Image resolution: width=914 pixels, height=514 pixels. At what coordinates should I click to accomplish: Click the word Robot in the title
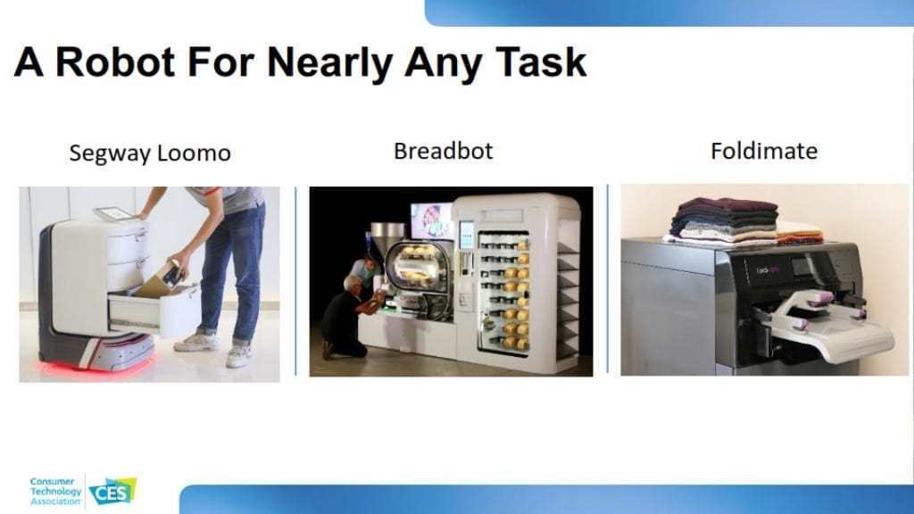[115, 62]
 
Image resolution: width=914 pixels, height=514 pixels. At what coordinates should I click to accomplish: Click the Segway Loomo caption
[150, 153]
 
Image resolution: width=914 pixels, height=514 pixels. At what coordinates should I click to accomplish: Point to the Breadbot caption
[443, 151]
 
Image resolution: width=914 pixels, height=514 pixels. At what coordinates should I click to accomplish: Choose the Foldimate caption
[764, 151]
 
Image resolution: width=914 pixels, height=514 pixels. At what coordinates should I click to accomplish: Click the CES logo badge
[112, 492]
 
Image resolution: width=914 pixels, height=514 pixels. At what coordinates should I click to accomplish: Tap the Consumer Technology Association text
[55, 492]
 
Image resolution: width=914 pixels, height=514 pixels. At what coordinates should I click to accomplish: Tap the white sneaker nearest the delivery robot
[196, 342]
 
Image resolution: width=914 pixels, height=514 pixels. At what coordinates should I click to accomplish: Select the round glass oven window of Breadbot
[415, 266]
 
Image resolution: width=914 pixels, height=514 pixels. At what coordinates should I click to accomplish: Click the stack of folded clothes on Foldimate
[744, 221]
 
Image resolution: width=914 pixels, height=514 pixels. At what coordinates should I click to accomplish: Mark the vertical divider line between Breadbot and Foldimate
[607, 278]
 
